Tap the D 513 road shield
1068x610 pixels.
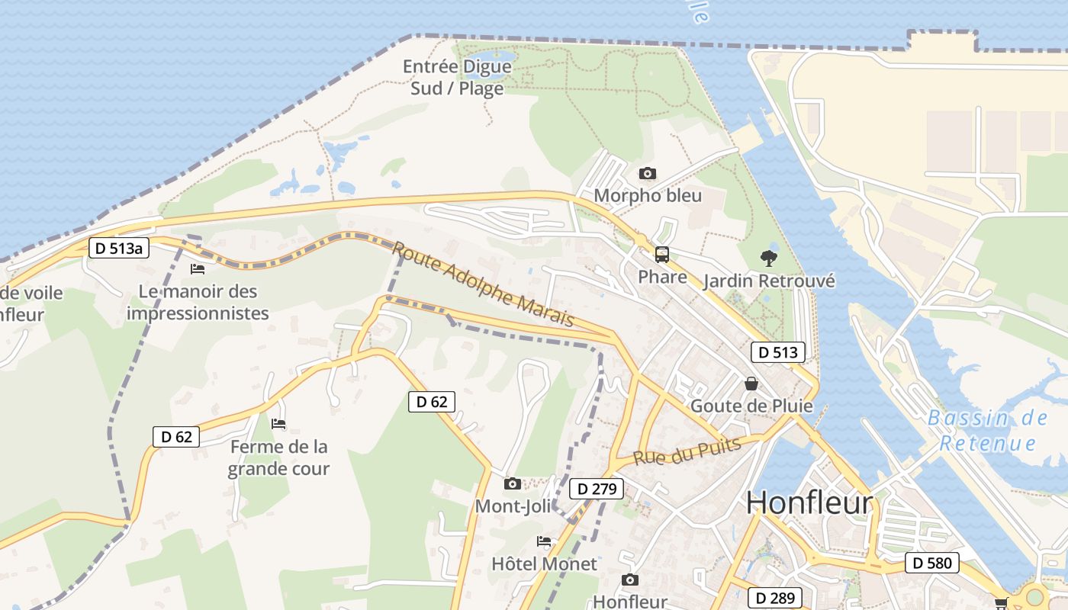pyautogui.click(x=778, y=352)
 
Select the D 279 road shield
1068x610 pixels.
pyautogui.click(x=597, y=489)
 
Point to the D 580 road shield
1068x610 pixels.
pyautogui.click(x=932, y=563)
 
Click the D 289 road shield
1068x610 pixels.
pyautogui.click(x=776, y=598)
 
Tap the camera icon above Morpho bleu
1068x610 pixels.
pyautogui.click(x=647, y=174)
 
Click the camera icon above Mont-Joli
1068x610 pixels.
pyautogui.click(x=513, y=483)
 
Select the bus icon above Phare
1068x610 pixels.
pyautogui.click(x=661, y=255)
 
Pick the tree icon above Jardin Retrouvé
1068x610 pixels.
pyautogui.click(x=769, y=258)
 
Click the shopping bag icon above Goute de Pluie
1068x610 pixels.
pyautogui.click(x=751, y=383)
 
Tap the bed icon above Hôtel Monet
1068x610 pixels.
pyautogui.click(x=544, y=541)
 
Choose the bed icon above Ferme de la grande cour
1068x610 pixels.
pyautogui.click(x=278, y=423)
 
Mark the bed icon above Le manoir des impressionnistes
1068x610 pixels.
pyautogui.click(x=198, y=268)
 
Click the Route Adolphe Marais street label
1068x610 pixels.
pyautogui.click(x=484, y=284)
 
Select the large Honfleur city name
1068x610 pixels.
pyautogui.click(x=809, y=502)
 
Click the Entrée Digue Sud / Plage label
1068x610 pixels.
pyautogui.click(x=458, y=77)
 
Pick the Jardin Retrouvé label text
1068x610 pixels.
pyautogui.click(x=769, y=281)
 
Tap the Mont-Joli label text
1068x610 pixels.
pyautogui.click(x=513, y=506)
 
